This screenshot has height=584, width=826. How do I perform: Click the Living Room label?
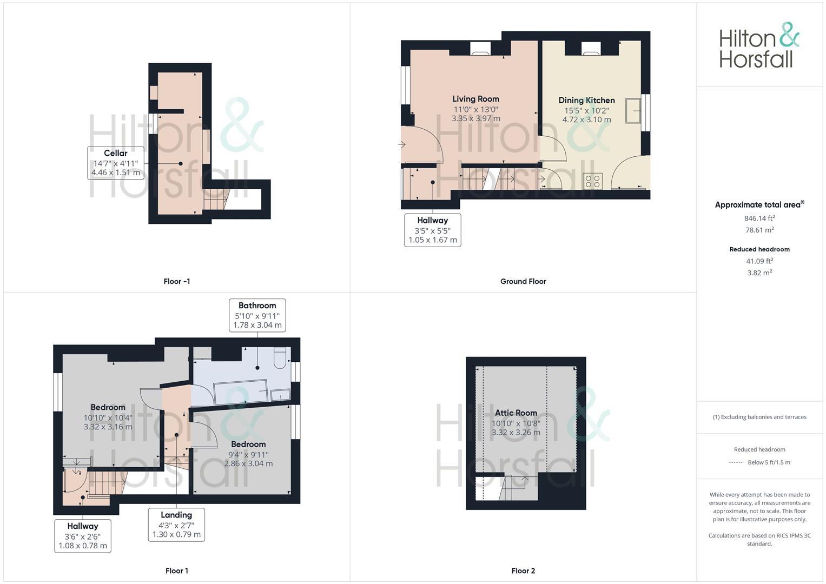pyautogui.click(x=475, y=99)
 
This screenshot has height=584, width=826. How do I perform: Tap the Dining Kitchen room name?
pyautogui.click(x=586, y=100)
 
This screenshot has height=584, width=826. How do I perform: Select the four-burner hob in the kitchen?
pyautogui.click(x=593, y=181)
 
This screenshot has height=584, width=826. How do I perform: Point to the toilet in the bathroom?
pyautogui.click(x=280, y=358)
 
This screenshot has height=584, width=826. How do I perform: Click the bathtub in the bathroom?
pyautogui.click(x=241, y=392)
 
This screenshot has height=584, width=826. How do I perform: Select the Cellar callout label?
pyautogui.click(x=116, y=163)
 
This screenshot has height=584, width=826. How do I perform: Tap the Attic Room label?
pyautogui.click(x=516, y=413)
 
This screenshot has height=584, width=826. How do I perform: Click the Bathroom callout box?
pyautogui.click(x=257, y=315)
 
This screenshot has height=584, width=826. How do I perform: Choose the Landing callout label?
pyautogui.click(x=176, y=524)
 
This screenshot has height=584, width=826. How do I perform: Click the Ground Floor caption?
pyautogui.click(x=523, y=281)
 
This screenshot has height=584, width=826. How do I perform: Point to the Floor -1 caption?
pyautogui.click(x=176, y=281)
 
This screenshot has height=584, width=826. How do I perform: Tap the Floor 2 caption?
pyautogui.click(x=523, y=570)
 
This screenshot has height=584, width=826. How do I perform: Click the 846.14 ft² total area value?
pyautogui.click(x=759, y=218)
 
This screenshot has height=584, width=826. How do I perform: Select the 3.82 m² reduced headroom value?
pyautogui.click(x=759, y=273)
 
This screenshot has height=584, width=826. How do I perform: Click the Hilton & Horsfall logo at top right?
pyautogui.click(x=758, y=45)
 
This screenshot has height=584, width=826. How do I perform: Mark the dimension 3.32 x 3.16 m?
pyautogui.click(x=108, y=427)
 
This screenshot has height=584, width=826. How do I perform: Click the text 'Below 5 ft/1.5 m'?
pyautogui.click(x=769, y=462)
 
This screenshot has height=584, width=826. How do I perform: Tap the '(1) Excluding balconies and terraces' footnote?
pyautogui.click(x=759, y=417)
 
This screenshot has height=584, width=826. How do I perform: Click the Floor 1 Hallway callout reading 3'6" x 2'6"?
pyautogui.click(x=83, y=536)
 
